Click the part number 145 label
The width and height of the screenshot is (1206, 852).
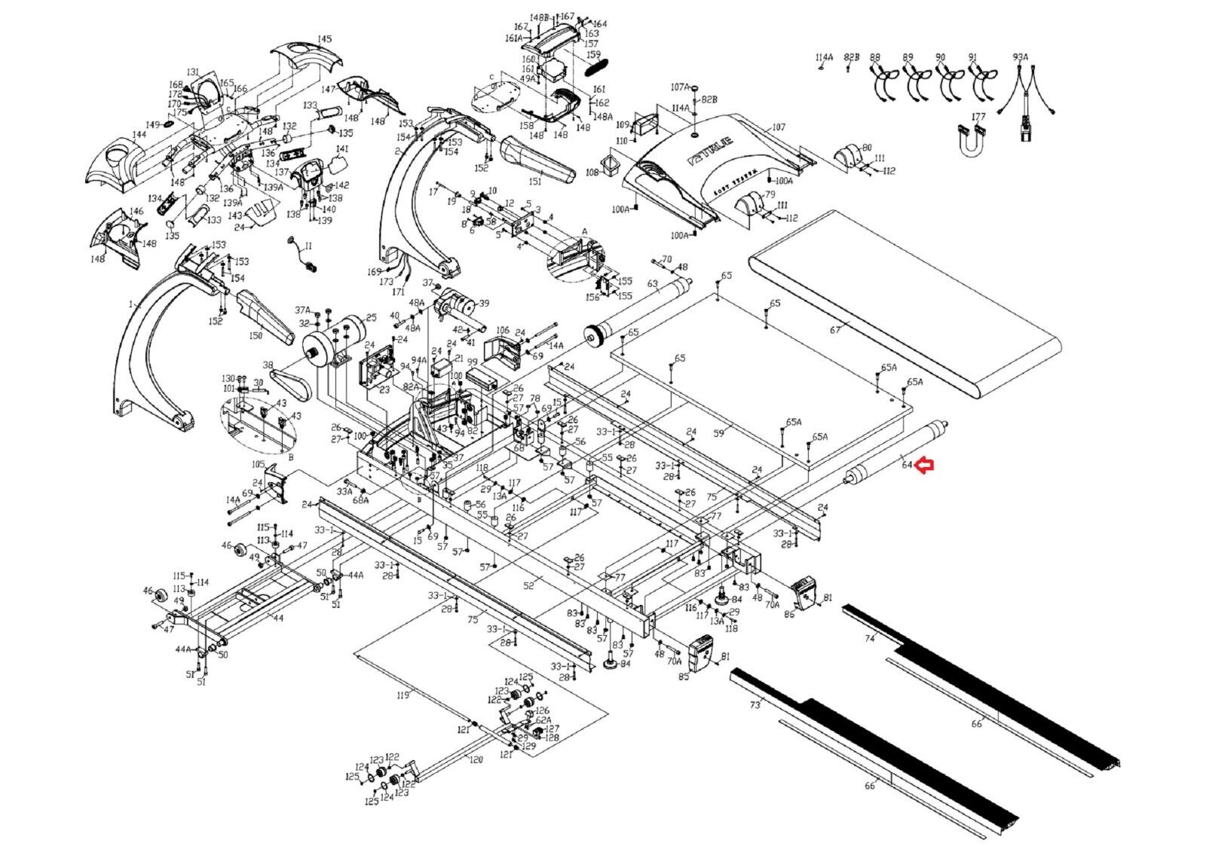(x=324, y=39)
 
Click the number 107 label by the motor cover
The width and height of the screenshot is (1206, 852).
(x=779, y=127)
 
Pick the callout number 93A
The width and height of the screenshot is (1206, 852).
(x=1021, y=57)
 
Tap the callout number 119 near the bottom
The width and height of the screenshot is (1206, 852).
(x=404, y=695)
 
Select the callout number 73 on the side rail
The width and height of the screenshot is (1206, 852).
(x=755, y=705)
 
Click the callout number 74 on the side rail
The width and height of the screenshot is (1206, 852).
(x=870, y=638)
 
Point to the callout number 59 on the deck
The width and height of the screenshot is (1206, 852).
(x=718, y=433)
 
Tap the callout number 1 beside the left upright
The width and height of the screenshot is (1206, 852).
(x=130, y=305)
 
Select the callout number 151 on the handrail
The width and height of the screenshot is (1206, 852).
(x=535, y=182)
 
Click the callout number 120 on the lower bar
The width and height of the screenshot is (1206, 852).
(x=476, y=759)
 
